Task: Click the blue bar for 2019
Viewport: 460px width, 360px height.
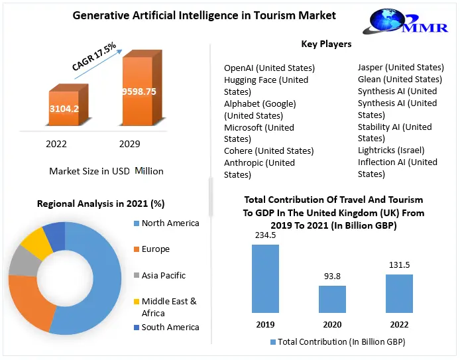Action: click(x=264, y=278)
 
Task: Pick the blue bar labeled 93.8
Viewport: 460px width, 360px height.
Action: click(x=331, y=298)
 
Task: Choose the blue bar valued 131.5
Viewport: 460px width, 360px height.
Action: click(x=398, y=292)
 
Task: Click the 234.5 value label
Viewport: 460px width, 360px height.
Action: click(x=264, y=235)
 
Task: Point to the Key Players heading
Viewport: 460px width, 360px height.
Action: click(x=326, y=44)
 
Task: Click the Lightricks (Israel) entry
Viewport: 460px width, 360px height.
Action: click(x=390, y=150)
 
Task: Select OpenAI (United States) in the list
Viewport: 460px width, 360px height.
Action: click(x=269, y=68)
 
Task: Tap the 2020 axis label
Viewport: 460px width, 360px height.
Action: click(x=331, y=325)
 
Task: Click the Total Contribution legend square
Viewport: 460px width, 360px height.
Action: click(x=273, y=342)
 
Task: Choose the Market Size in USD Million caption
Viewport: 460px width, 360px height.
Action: click(x=106, y=171)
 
